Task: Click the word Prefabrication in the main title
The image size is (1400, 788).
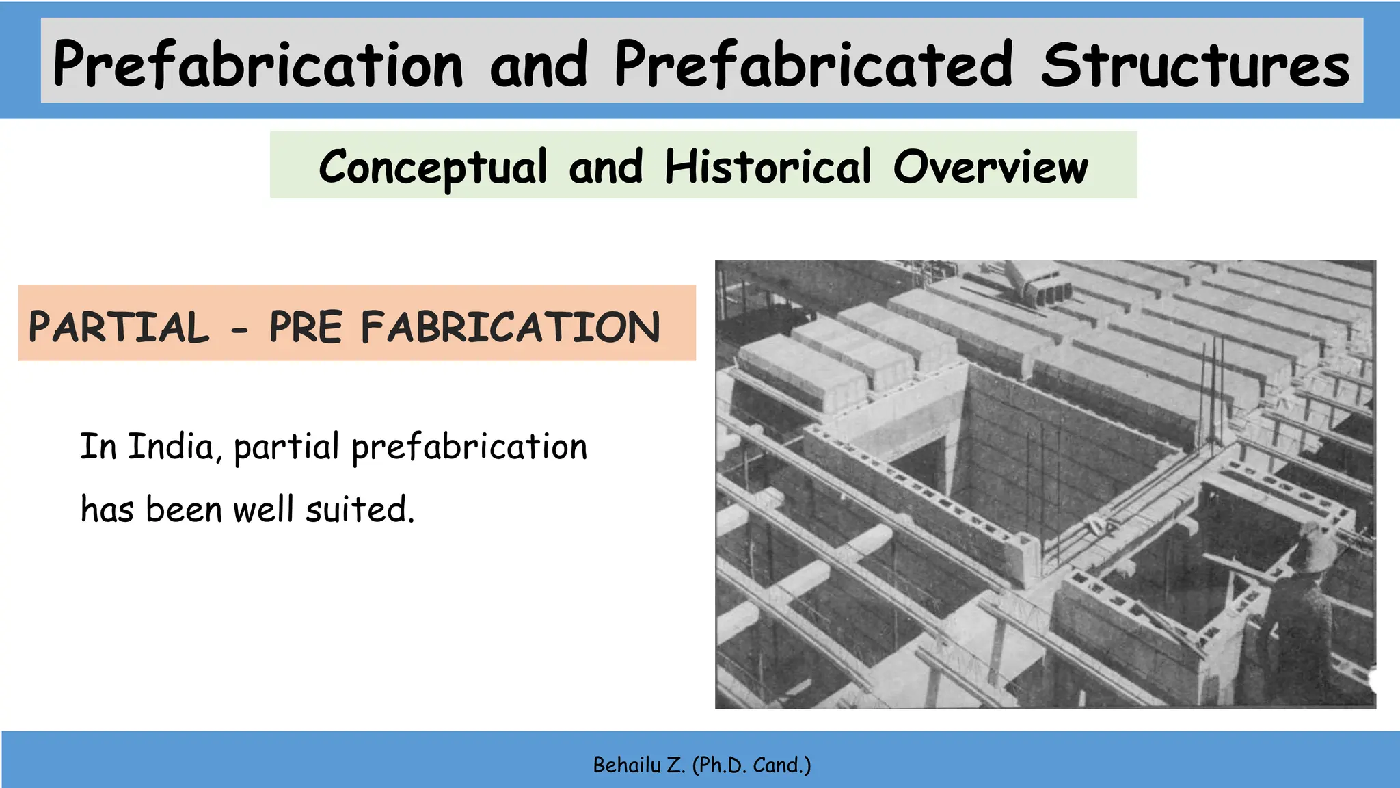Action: click(x=258, y=65)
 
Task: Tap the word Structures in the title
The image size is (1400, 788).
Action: click(x=1195, y=65)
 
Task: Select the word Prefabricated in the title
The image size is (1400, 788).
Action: click(x=813, y=65)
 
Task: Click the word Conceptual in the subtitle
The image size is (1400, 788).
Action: click(x=433, y=167)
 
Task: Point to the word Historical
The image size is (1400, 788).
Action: click(x=768, y=167)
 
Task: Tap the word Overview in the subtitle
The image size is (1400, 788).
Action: click(x=991, y=167)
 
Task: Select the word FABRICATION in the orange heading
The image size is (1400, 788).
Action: click(x=511, y=327)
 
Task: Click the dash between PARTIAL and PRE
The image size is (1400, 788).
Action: click(x=239, y=332)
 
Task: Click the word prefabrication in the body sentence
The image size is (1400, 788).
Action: click(x=469, y=448)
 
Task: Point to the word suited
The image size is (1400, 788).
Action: click(x=360, y=510)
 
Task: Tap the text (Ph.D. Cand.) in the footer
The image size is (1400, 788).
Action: click(x=751, y=765)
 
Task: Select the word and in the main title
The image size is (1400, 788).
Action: click(x=539, y=65)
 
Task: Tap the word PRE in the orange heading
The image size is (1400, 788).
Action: click(x=306, y=327)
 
